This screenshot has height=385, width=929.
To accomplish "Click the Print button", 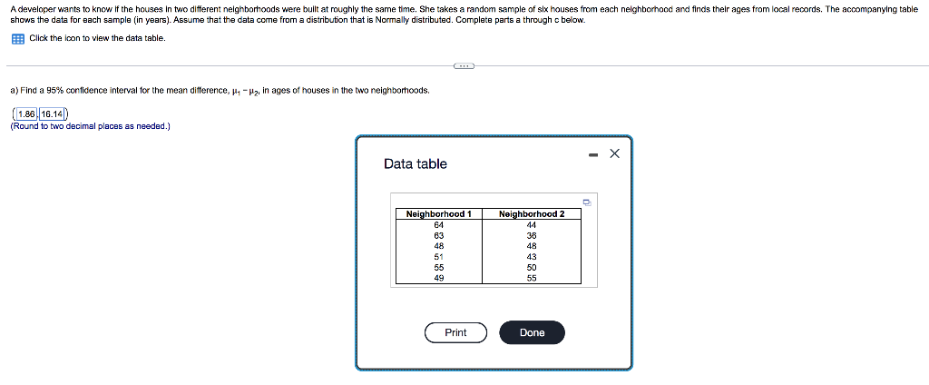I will pos(455,333).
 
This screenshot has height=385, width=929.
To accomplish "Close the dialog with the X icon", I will pos(614,153).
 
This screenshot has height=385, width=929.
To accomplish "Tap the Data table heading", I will pos(416,163).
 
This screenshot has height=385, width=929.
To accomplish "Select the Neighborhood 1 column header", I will pos(438,214).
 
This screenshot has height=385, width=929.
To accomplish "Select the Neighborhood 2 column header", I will pos(532,214).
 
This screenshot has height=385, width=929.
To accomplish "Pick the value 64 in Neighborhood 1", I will pos(438,224).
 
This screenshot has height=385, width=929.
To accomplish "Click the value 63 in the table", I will pos(438,235).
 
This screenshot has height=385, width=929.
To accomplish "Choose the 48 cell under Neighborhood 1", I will pos(438,246).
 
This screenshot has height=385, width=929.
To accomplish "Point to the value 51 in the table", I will pos(438,257).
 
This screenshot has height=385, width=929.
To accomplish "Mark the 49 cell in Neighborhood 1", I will pos(438,278).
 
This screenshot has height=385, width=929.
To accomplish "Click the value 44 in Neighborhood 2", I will pos(532,224).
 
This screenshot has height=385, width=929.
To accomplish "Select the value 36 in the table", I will pos(532,235).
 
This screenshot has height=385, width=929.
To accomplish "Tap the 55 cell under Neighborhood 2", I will pos(532,278).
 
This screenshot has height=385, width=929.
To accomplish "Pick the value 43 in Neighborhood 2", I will pos(532,257).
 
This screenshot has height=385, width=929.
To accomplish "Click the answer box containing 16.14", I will pos(52,114).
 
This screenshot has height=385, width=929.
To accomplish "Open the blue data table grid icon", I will pos(17,38).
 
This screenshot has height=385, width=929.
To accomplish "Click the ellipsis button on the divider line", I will pos(464,65).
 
